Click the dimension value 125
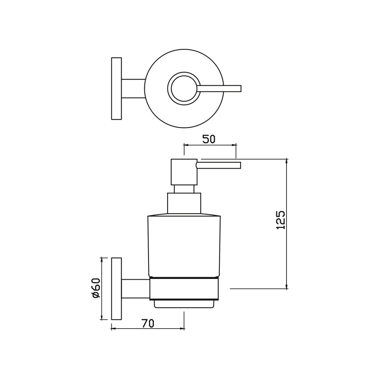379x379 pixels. click(x=280, y=220)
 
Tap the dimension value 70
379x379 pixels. click(x=148, y=323)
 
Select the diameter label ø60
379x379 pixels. click(x=96, y=288)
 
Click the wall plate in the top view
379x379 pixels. click(x=116, y=88)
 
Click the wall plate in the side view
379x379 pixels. click(x=116, y=288)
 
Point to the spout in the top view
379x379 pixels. click(x=219, y=88)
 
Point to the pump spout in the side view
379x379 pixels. click(x=219, y=165)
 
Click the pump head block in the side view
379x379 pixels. click(x=184, y=172)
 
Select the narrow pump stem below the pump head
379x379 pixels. click(x=184, y=189)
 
